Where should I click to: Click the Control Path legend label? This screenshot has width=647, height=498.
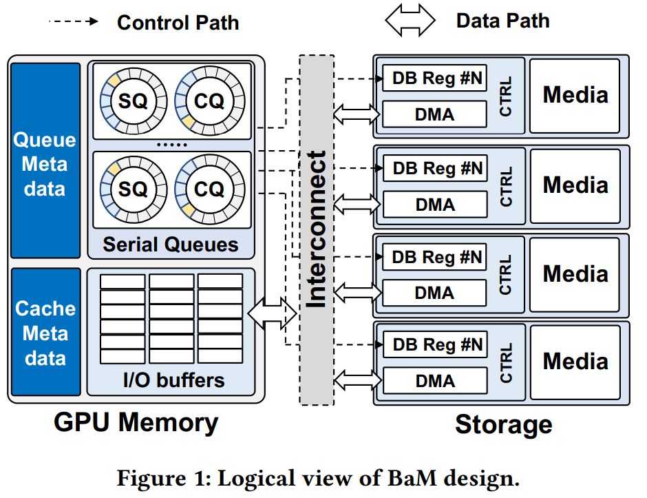pyautogui.click(x=178, y=22)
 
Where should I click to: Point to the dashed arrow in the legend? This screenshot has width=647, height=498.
pyautogui.click(x=74, y=21)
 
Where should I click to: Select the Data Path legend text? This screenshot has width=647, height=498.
pyautogui.click(x=502, y=21)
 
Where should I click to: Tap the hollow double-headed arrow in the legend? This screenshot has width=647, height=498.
pyautogui.click(x=410, y=21)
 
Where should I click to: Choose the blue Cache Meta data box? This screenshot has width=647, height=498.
pyautogui.click(x=45, y=333)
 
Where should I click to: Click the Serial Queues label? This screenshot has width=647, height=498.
pyautogui.click(x=171, y=245)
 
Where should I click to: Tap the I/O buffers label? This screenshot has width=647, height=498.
pyautogui.click(x=171, y=380)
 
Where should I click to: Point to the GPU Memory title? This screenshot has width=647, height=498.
pyautogui.click(x=136, y=422)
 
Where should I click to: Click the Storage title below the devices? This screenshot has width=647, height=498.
pyautogui.click(x=503, y=424)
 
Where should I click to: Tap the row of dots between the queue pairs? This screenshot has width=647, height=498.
pyautogui.click(x=171, y=145)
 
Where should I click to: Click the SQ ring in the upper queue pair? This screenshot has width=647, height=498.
pyautogui.click(x=134, y=102)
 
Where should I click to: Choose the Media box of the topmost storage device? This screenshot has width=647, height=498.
pyautogui.click(x=575, y=95)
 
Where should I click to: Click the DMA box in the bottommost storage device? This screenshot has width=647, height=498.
pyautogui.click(x=434, y=381)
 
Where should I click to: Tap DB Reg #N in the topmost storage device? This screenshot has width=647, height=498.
pyautogui.click(x=434, y=79)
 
